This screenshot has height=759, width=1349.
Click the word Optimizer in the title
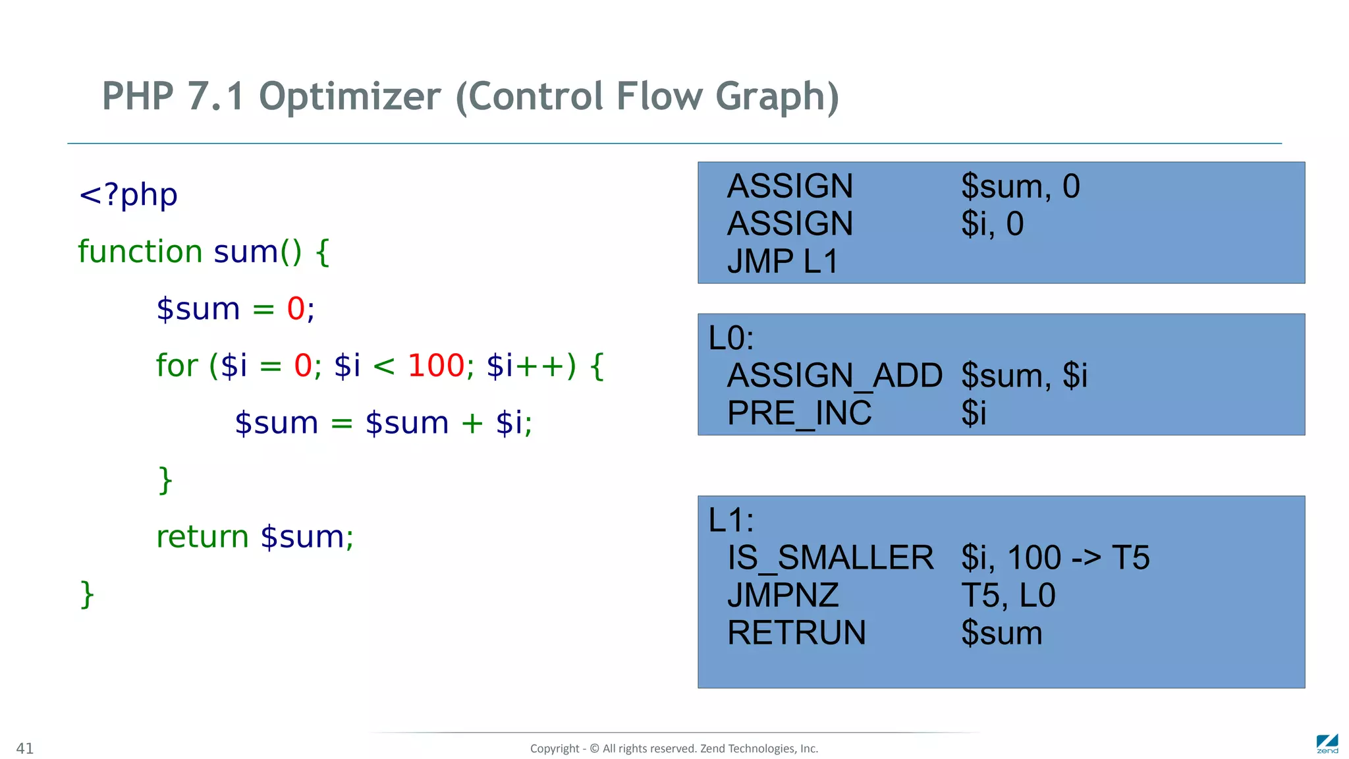pyautogui.click(x=350, y=97)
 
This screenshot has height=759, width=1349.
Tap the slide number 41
pyautogui.click(x=25, y=748)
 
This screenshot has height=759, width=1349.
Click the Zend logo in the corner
pyautogui.click(x=1327, y=744)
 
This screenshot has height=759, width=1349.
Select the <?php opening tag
pyautogui.click(x=128, y=195)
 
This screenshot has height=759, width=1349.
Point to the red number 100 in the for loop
pyautogui.click(x=436, y=366)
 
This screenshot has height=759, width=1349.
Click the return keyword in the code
pyautogui.click(x=202, y=537)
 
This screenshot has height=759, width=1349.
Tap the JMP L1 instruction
pyautogui.click(x=783, y=262)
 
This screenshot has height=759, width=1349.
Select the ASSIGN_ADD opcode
pyautogui.click(x=835, y=376)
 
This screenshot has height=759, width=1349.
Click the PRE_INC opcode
pyautogui.click(x=799, y=414)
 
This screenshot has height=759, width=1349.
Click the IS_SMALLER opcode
pyautogui.click(x=830, y=558)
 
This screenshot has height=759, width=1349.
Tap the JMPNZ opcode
pyautogui.click(x=783, y=596)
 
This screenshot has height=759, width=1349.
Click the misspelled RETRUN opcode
pyautogui.click(x=796, y=633)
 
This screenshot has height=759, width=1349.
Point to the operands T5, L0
pyautogui.click(x=1008, y=596)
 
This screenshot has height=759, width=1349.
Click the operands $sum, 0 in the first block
pyautogui.click(x=1020, y=186)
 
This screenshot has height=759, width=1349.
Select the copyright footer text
pyautogui.click(x=674, y=748)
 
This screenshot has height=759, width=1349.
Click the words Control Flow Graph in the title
pyautogui.click(x=647, y=97)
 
